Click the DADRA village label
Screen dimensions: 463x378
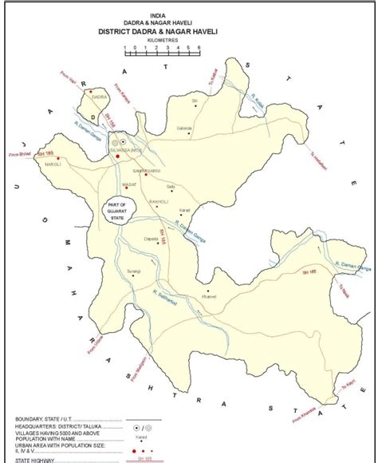tap(100, 97)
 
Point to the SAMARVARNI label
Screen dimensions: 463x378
tap(148, 172)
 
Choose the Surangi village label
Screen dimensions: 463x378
tap(132, 271)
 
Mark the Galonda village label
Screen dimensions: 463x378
tap(185, 129)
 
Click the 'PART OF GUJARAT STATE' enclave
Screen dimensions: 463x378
tap(121, 210)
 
